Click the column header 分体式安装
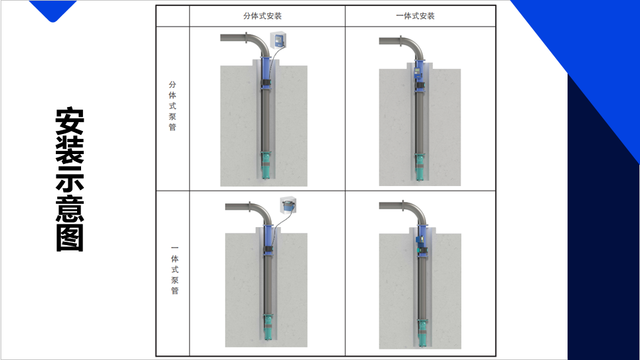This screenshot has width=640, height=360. pos(263,16)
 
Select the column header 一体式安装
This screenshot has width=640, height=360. pos(415,16)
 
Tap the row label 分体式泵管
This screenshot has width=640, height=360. pos(173,106)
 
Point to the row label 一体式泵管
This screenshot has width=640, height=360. pos(175,270)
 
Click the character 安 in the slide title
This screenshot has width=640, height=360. pos(70,121)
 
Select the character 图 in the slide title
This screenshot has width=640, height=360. pos(70,238)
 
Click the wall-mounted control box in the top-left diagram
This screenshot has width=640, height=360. pos(278,40)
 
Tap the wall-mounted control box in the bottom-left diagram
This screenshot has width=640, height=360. pos(288,205)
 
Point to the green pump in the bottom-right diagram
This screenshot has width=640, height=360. pos(421,329)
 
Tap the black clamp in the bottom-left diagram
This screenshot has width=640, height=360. pos(268,249)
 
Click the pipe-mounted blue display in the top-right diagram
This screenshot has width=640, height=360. pos(417,72)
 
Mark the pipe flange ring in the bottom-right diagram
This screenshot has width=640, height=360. pos(403,206)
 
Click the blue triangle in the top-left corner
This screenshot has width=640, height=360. pos(53,9)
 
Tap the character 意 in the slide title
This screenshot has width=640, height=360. pos(70,209)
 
